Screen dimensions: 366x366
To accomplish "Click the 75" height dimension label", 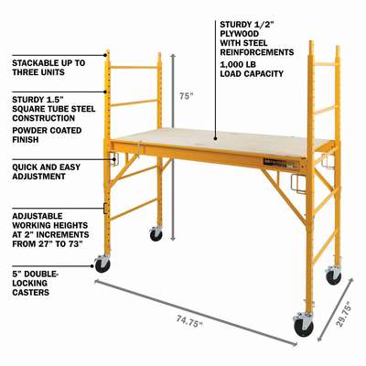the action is pos(186,96).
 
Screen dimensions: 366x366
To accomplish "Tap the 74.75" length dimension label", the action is pos(189,321).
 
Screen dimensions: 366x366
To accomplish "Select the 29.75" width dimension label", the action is pos(344,314).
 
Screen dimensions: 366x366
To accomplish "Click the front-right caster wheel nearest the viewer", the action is pos(304,327).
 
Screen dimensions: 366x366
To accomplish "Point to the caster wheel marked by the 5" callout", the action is pos(102,265).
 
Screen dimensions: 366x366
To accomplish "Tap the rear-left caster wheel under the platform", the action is pos(156,235).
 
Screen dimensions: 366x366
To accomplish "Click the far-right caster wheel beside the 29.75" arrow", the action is pos(334,277).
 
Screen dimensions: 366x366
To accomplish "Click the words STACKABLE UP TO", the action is pos(48,63).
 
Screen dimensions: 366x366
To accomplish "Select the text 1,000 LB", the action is pos(238,65).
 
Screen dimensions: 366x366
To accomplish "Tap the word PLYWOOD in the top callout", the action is pos(239,34).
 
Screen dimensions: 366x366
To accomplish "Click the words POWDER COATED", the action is pos(47,131).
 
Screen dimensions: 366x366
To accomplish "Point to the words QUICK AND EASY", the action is pos(47,167).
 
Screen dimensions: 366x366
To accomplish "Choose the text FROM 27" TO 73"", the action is pos(48,244).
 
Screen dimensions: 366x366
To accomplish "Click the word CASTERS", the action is pos(30,292).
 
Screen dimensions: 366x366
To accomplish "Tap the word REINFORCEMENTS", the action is pos(257,52).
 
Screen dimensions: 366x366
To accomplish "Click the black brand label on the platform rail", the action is pos(275,163).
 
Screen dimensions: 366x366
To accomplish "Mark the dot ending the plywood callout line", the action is pos(215,138).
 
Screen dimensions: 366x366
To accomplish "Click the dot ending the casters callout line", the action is pos(91,266).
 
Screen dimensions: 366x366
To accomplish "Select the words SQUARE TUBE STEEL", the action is pos(54,109).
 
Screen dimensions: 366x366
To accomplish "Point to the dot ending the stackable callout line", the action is pos(105,55).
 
